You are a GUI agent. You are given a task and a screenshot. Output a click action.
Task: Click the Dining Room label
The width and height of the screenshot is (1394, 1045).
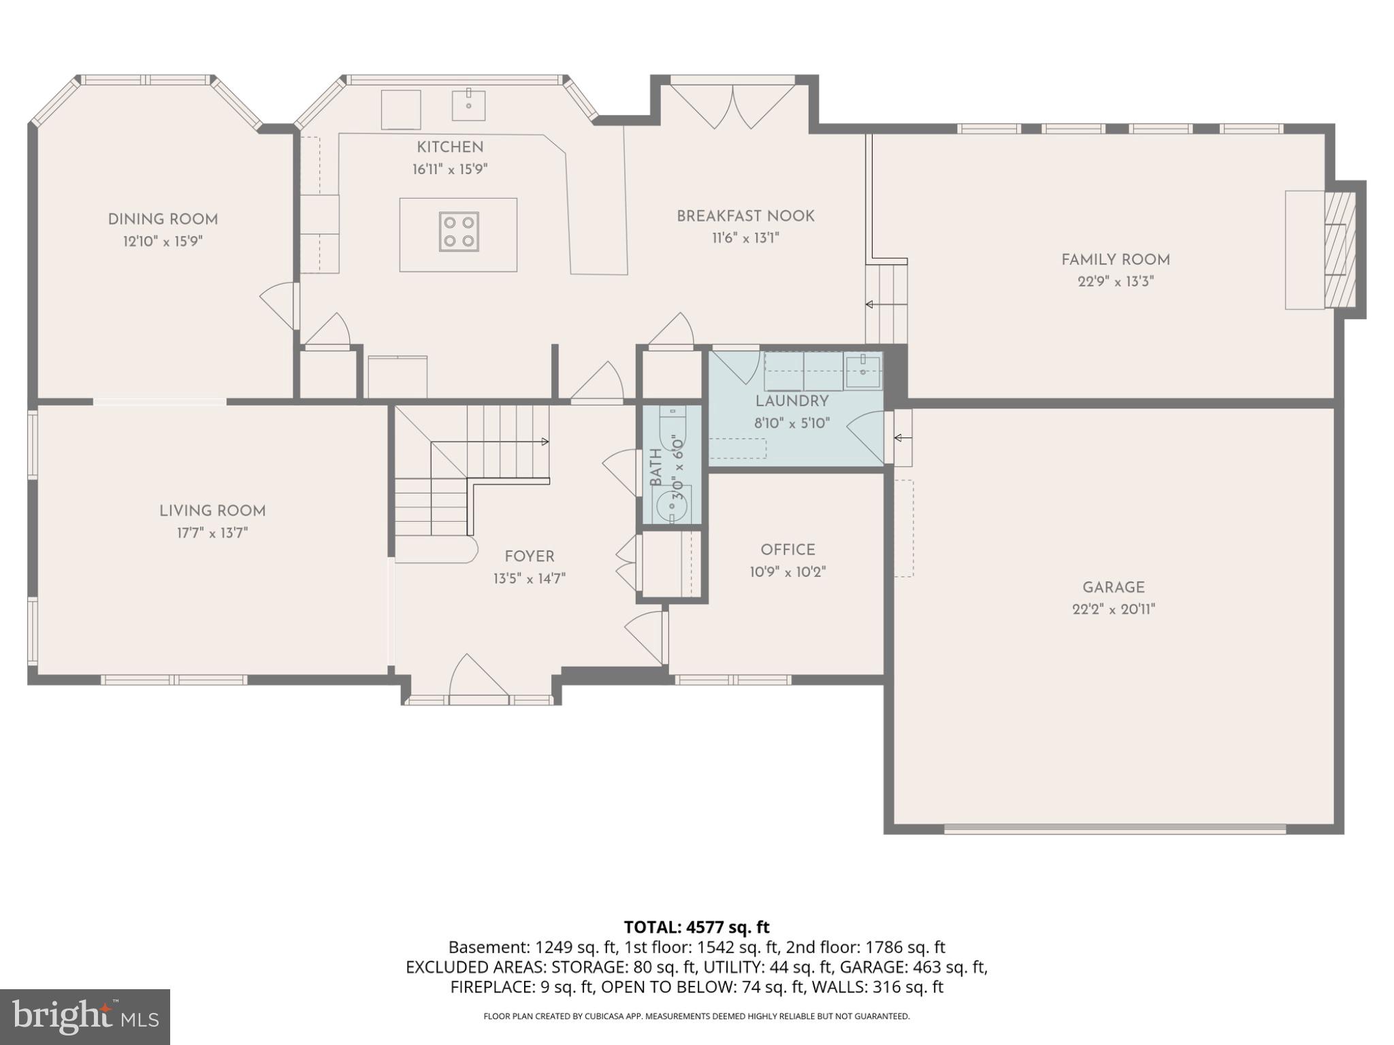[163, 219]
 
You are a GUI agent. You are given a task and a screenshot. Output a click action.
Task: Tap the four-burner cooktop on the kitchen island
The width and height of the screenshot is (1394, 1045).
[459, 232]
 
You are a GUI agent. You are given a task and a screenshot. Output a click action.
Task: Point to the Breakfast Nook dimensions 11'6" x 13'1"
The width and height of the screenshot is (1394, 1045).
[746, 238]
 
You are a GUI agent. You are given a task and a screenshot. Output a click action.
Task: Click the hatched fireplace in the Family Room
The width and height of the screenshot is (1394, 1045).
[1339, 250]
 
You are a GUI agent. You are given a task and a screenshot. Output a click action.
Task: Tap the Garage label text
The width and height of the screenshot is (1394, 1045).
[1114, 587]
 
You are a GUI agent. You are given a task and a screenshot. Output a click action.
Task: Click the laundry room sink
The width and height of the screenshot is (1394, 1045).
[862, 371]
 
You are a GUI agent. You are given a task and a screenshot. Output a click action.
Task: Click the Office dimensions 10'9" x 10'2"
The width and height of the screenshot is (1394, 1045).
[788, 572]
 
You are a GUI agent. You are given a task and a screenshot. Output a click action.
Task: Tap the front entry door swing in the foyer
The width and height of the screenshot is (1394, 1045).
[476, 677]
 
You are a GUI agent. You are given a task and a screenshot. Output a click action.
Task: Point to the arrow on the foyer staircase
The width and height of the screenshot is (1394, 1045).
[545, 442]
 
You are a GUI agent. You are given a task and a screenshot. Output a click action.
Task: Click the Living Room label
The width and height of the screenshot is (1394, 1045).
[212, 511]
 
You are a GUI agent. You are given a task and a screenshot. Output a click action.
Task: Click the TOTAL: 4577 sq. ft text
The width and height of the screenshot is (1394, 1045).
[696, 927]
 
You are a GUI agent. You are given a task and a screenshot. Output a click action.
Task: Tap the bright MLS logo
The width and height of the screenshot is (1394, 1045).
[84, 1016]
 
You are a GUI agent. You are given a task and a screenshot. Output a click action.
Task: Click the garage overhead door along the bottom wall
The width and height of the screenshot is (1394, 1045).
[1114, 829]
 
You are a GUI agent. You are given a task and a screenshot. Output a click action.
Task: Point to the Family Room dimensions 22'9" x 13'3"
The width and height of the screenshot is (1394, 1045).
[1116, 282]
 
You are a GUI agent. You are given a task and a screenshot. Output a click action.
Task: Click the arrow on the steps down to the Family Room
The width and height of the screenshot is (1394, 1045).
[870, 305]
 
